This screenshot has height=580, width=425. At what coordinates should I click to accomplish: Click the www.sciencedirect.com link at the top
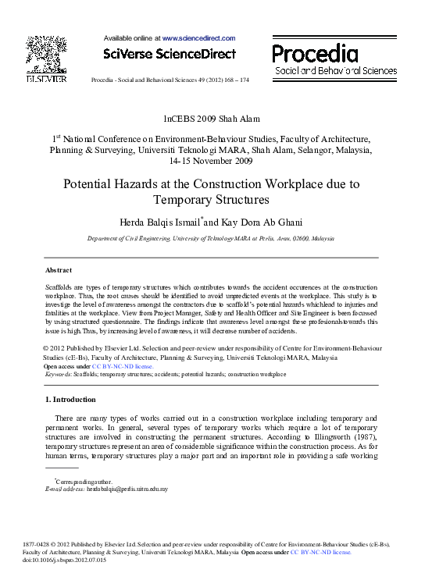coord(198,37)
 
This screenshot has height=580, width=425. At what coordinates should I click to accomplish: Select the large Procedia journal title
coord(315,53)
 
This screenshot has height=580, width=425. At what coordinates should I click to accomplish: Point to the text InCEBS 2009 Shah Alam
coord(211,119)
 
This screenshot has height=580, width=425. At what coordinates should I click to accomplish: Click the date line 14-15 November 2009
coord(211,162)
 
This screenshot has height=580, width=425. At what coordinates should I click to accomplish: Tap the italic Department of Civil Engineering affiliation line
coord(211,240)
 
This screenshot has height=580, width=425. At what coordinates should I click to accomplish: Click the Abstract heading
coord(59,269)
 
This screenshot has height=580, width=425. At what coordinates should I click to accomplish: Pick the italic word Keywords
coord(58,374)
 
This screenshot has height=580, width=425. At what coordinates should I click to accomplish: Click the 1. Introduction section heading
coord(71,400)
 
